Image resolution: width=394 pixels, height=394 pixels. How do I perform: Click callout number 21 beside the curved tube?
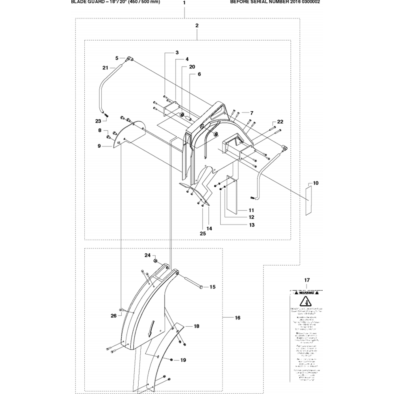pyautogui.click(x=105, y=68)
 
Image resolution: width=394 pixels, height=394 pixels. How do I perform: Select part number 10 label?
pyautogui.click(x=316, y=183)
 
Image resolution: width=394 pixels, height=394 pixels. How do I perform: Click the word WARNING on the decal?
pyautogui.click(x=306, y=293)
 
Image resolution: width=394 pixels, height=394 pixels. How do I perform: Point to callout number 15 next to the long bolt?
pyautogui.click(x=212, y=287)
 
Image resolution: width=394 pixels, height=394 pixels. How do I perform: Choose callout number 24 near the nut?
pyautogui.click(x=147, y=255)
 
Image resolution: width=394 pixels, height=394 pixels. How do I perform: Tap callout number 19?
pyautogui.click(x=183, y=360)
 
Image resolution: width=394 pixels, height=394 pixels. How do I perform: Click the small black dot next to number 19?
pyautogui.click(x=172, y=359)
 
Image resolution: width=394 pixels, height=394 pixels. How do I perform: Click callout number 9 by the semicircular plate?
pyautogui.click(x=100, y=146)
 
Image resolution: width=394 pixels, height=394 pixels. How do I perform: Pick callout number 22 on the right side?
pyautogui.click(x=280, y=121)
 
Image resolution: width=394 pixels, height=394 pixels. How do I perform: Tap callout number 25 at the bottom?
pyautogui.click(x=203, y=233)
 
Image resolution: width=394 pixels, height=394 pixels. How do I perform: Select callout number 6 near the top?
pyautogui.click(x=199, y=74)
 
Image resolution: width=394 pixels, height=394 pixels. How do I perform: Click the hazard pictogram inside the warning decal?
pyautogui.click(x=306, y=302)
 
